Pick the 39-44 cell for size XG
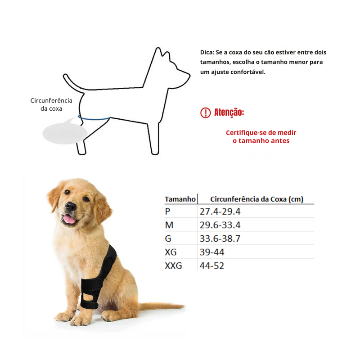coord(212,252)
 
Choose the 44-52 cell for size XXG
coord(212,266)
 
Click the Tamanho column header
coord(180,199)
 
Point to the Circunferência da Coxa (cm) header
coord(256,199)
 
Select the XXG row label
coord(174,266)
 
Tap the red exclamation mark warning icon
coord(205,112)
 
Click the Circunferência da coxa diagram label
coord(51,104)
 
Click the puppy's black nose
coord(71,207)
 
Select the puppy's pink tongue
coord(70,219)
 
